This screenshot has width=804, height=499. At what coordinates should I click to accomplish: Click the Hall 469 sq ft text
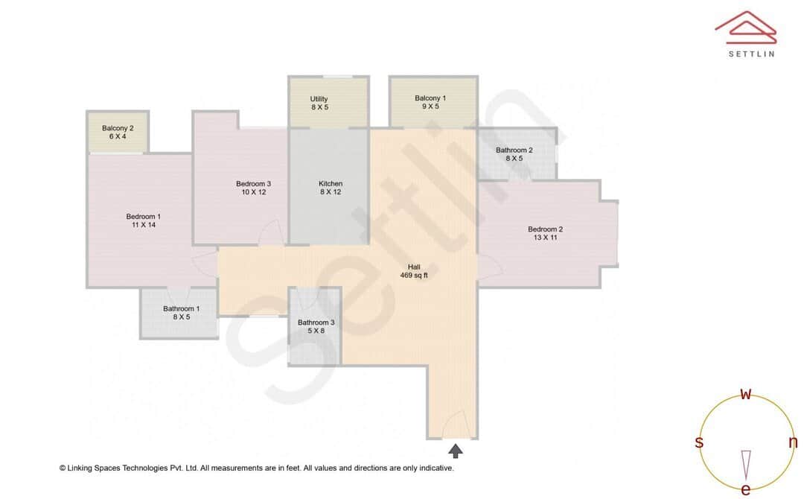tap(414, 271)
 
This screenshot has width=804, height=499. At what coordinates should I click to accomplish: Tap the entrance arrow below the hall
tap(455, 450)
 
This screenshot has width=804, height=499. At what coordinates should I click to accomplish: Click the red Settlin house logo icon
tap(745, 28)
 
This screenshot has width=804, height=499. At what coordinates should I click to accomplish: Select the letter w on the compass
tap(745, 395)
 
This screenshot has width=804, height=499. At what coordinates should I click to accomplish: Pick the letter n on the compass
tap(792, 442)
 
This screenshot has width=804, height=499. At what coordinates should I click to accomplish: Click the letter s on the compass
tap(699, 442)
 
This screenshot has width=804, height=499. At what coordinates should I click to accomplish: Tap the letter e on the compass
tap(745, 489)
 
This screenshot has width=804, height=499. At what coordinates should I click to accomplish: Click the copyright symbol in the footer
tap(63, 468)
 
